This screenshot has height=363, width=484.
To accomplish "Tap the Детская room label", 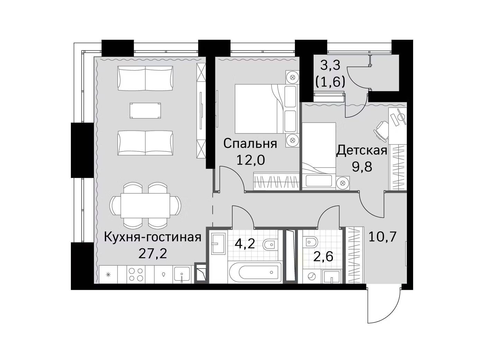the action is pyautogui.click(x=362, y=151).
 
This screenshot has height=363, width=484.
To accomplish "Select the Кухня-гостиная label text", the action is pyautogui.click(x=152, y=237).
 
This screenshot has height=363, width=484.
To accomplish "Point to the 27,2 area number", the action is pyautogui.click(x=152, y=254).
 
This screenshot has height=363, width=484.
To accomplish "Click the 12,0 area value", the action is pyautogui.click(x=251, y=160).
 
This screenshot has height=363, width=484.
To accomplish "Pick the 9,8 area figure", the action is pyautogui.click(x=362, y=167).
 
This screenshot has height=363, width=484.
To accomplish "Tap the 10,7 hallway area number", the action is pyautogui.click(x=382, y=237).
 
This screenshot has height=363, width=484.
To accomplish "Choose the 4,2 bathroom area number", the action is pyautogui.click(x=245, y=243).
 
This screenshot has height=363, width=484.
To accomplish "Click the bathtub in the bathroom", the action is pyautogui.click(x=255, y=273).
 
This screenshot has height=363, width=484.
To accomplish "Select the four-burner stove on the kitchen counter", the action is pyautogui.click(x=136, y=274).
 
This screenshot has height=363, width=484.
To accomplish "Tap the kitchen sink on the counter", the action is pyautogui.click(x=182, y=274).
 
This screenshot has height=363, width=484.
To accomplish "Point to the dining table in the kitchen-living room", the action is pyautogui.click(x=145, y=205).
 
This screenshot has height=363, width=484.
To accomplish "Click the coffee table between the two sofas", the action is pyautogui.click(x=145, y=111).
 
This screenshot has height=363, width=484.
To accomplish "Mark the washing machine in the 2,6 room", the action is pyautogui.click(x=312, y=276).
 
